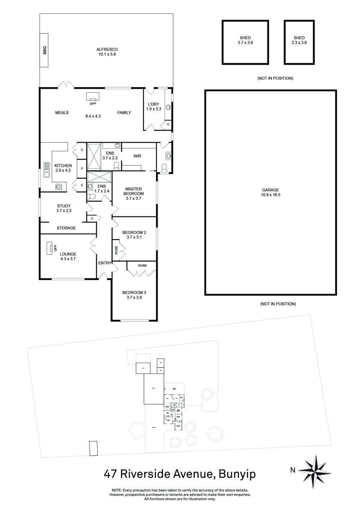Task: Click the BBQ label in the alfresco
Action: pos(45,50)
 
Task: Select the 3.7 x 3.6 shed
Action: pos(245,42)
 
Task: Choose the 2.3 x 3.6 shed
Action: pos(299,42)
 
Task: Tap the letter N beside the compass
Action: pos(292,470)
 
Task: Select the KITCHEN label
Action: pos(63,165)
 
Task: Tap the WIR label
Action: pos(137,156)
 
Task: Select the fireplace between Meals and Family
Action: pos(93,97)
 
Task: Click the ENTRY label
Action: pos(105,263)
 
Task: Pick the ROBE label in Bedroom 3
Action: pos(142,265)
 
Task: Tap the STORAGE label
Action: pos(66,228)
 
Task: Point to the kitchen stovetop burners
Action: pos(59,187)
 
